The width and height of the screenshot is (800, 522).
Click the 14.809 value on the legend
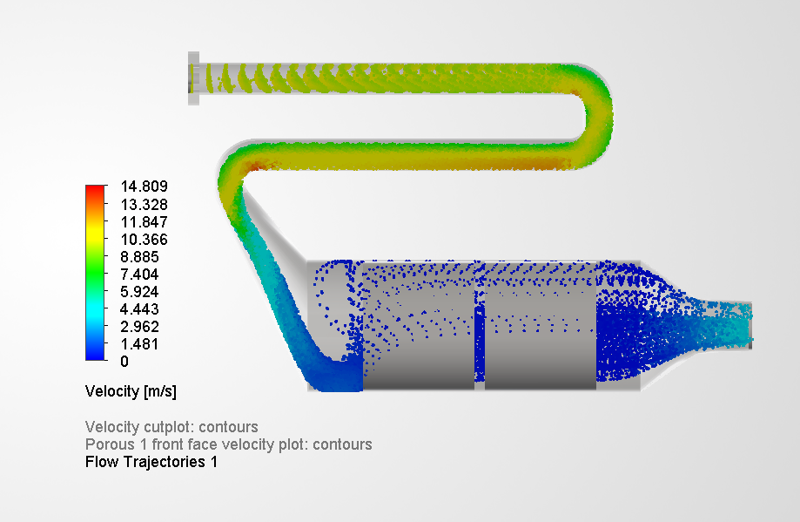pyautogui.click(x=144, y=186)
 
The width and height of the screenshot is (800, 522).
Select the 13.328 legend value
pyautogui.click(x=144, y=204)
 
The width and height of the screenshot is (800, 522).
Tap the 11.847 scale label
pyautogui.click(x=144, y=221)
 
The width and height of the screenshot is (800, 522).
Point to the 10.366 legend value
pyautogui.click(x=144, y=239)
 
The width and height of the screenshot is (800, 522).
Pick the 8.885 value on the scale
pyautogui.click(x=139, y=256)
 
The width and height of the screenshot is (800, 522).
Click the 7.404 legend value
pyautogui.click(x=139, y=274)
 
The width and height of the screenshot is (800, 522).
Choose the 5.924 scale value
pyautogui.click(x=139, y=291)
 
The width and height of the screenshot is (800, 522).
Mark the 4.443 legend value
pyautogui.click(x=139, y=308)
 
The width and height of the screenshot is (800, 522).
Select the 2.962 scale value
pyautogui.click(x=139, y=326)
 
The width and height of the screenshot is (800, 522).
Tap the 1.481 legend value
pyautogui.click(x=139, y=343)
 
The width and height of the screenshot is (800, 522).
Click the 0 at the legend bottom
pyautogui.click(x=124, y=361)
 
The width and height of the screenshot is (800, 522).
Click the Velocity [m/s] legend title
pyautogui.click(x=131, y=391)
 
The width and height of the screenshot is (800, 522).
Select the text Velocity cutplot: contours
pyautogui.click(x=171, y=427)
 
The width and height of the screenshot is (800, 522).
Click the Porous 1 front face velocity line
pyautogui.click(x=228, y=444)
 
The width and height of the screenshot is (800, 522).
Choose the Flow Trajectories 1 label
pyautogui.click(x=151, y=462)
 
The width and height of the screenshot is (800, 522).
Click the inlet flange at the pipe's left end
pyautogui.click(x=194, y=79)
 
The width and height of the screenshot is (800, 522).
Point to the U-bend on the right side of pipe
pyautogui.click(x=598, y=114)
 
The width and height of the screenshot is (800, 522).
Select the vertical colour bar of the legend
pyautogui.click(x=95, y=273)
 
